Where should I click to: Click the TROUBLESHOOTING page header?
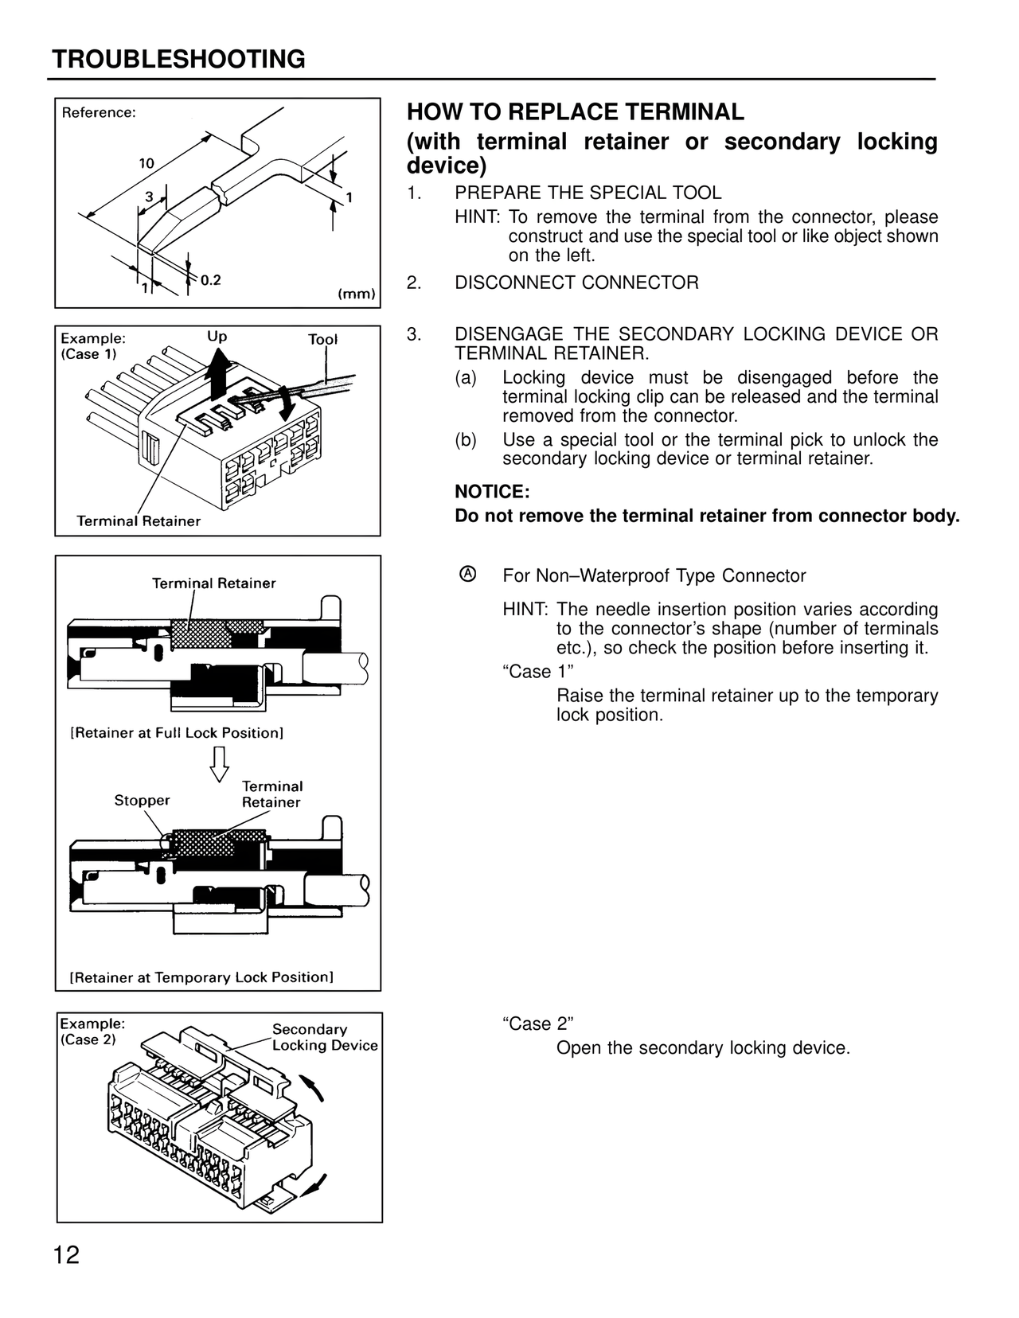(178, 60)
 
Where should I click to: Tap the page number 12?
(67, 1256)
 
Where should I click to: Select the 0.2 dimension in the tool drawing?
(210, 280)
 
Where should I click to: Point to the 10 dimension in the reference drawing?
(146, 163)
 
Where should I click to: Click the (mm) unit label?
(357, 294)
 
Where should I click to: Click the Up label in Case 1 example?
(217, 337)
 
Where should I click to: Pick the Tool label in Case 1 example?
(322, 340)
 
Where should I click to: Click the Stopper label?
(142, 800)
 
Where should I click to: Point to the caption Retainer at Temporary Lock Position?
(201, 977)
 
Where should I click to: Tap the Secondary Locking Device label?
(324, 1037)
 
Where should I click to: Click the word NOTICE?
(492, 492)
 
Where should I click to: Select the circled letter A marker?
(468, 574)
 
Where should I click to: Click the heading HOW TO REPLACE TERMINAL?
(575, 112)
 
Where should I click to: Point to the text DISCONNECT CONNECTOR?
(576, 283)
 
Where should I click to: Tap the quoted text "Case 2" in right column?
(538, 1024)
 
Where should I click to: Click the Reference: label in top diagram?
(99, 113)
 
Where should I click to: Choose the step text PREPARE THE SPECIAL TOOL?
(588, 193)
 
